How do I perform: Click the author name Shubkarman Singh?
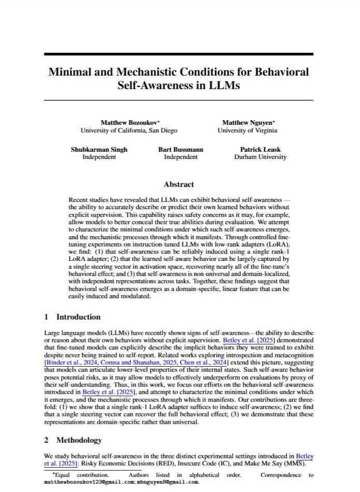pyautogui.click(x=99, y=149)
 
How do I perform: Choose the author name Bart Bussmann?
pyautogui.click(x=181, y=149)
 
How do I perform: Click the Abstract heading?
pyautogui.click(x=179, y=184)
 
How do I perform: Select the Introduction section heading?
pyautogui.click(x=78, y=317)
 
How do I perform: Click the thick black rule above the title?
pyautogui.click(x=179, y=54)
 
